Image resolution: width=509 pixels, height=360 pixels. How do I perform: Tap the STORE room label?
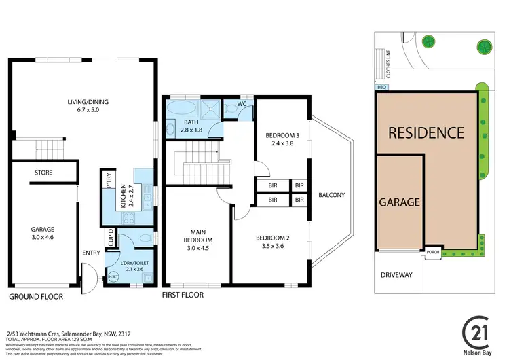[x=43, y=173]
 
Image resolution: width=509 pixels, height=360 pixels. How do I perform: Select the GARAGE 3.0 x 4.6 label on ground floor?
[x=42, y=234]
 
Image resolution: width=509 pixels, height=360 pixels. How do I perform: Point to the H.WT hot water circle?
[x=113, y=276]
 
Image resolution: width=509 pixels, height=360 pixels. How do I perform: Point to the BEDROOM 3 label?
[x=282, y=139]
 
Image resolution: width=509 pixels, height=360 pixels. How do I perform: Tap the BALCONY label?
[x=332, y=195]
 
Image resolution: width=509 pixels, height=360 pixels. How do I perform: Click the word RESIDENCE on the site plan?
[x=426, y=132]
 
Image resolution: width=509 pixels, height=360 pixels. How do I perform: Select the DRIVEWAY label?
[x=398, y=275]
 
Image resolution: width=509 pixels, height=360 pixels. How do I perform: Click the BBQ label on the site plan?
[x=380, y=87]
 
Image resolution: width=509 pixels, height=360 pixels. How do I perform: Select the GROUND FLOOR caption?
[x=36, y=297]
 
